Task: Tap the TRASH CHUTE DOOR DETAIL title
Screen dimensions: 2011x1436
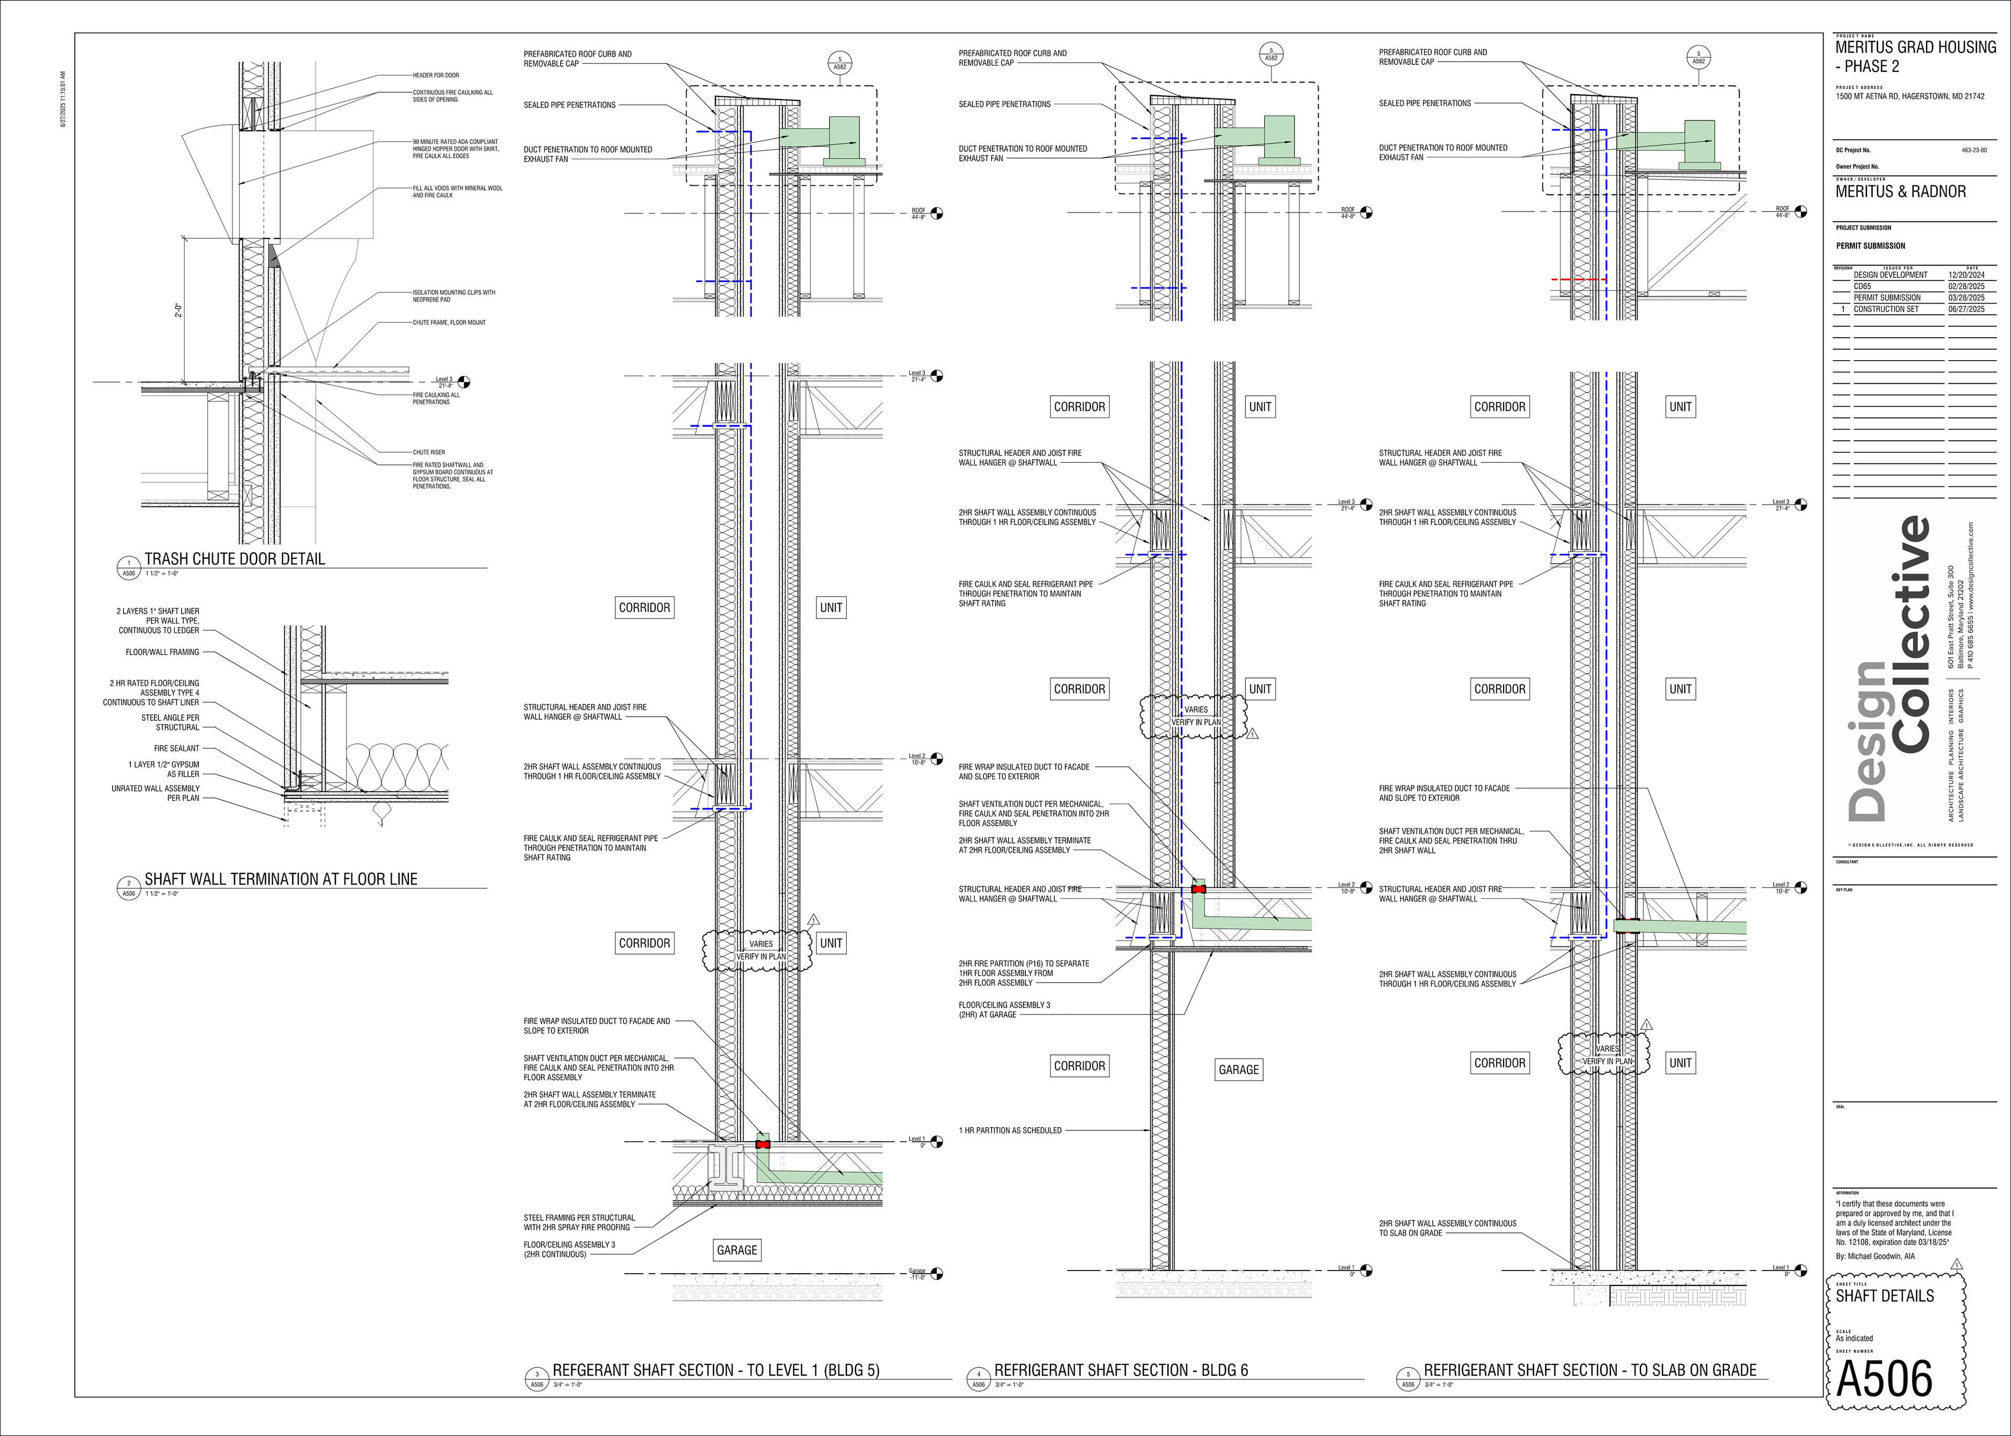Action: click(234, 559)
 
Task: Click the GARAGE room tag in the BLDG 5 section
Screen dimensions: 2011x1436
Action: click(737, 1250)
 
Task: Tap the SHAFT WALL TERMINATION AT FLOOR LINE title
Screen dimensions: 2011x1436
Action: click(280, 879)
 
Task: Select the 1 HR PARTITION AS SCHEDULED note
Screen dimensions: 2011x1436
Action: click(1010, 1130)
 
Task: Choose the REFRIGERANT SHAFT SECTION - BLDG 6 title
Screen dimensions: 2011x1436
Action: click(1121, 1370)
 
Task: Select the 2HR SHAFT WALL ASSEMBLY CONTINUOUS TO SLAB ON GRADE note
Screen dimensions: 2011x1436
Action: click(1448, 1228)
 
